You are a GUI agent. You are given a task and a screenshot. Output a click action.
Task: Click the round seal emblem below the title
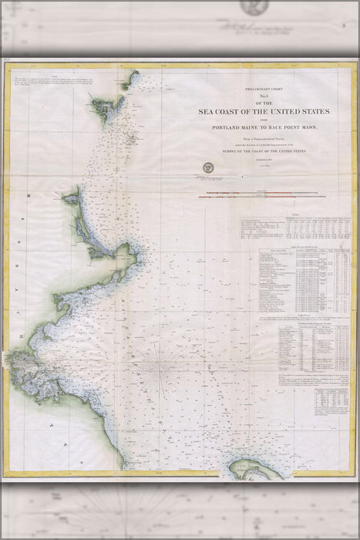point(207,167)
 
